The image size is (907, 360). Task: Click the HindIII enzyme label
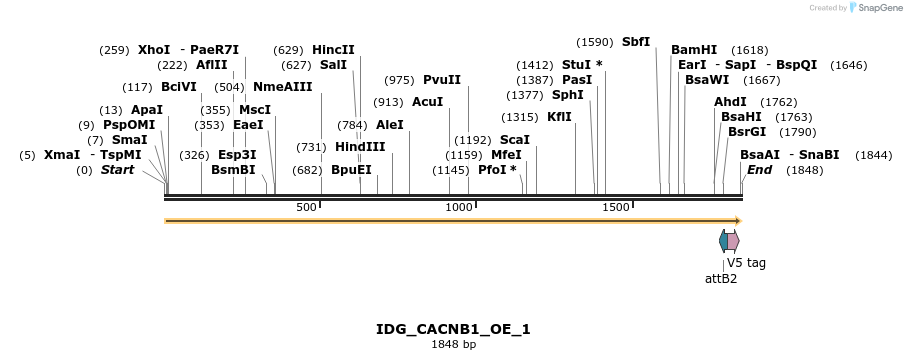tap(360, 147)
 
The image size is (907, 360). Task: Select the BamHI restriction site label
tap(694, 49)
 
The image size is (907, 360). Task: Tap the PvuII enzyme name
tap(442, 80)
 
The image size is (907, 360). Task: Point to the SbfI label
tap(636, 42)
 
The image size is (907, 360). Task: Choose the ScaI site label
tap(514, 140)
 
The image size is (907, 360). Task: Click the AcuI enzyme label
tap(427, 102)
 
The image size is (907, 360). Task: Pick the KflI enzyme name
tap(560, 117)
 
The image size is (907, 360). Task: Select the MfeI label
tap(506, 155)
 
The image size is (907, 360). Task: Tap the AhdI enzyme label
tap(730, 102)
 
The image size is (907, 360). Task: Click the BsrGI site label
tap(747, 132)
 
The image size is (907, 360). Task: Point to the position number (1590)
tap(595, 42)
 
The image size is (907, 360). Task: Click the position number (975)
tap(400, 80)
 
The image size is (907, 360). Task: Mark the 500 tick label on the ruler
tap(306, 207)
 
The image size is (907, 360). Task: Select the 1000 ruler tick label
tap(459, 207)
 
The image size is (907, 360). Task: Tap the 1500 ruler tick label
tap(616, 207)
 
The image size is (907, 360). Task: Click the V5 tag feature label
tap(746, 263)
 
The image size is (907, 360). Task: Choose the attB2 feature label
tap(721, 279)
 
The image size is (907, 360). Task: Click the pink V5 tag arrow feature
tap(734, 241)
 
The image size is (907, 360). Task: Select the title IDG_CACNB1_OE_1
tap(453, 329)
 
